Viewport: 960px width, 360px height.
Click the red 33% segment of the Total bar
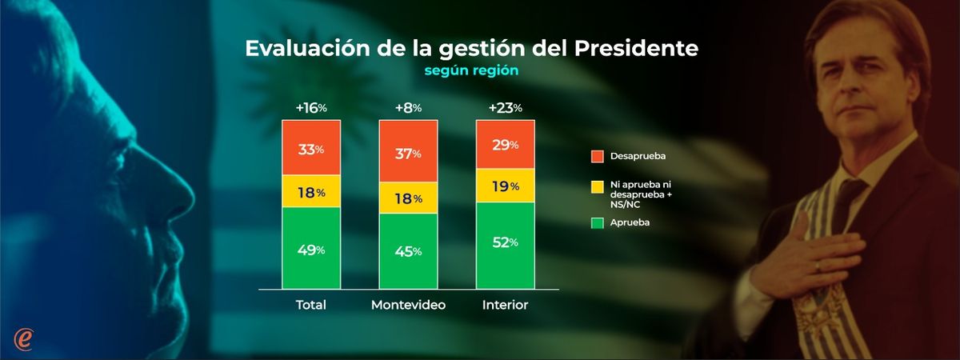click(311, 150)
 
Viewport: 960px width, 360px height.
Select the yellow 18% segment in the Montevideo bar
click(408, 198)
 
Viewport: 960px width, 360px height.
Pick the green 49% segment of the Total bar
click(311, 250)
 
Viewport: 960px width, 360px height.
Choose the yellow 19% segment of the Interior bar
click(505, 186)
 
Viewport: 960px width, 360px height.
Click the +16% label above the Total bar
click(311, 108)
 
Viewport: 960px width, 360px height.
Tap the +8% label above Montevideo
click(408, 108)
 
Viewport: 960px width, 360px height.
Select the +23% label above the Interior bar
click(505, 108)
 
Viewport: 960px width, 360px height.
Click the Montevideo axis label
click(408, 306)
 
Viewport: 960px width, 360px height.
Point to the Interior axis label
click(505, 306)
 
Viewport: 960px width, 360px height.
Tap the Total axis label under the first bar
click(311, 306)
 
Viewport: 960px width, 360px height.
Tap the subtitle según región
click(471, 70)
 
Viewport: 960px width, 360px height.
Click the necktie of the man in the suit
click(848, 200)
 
